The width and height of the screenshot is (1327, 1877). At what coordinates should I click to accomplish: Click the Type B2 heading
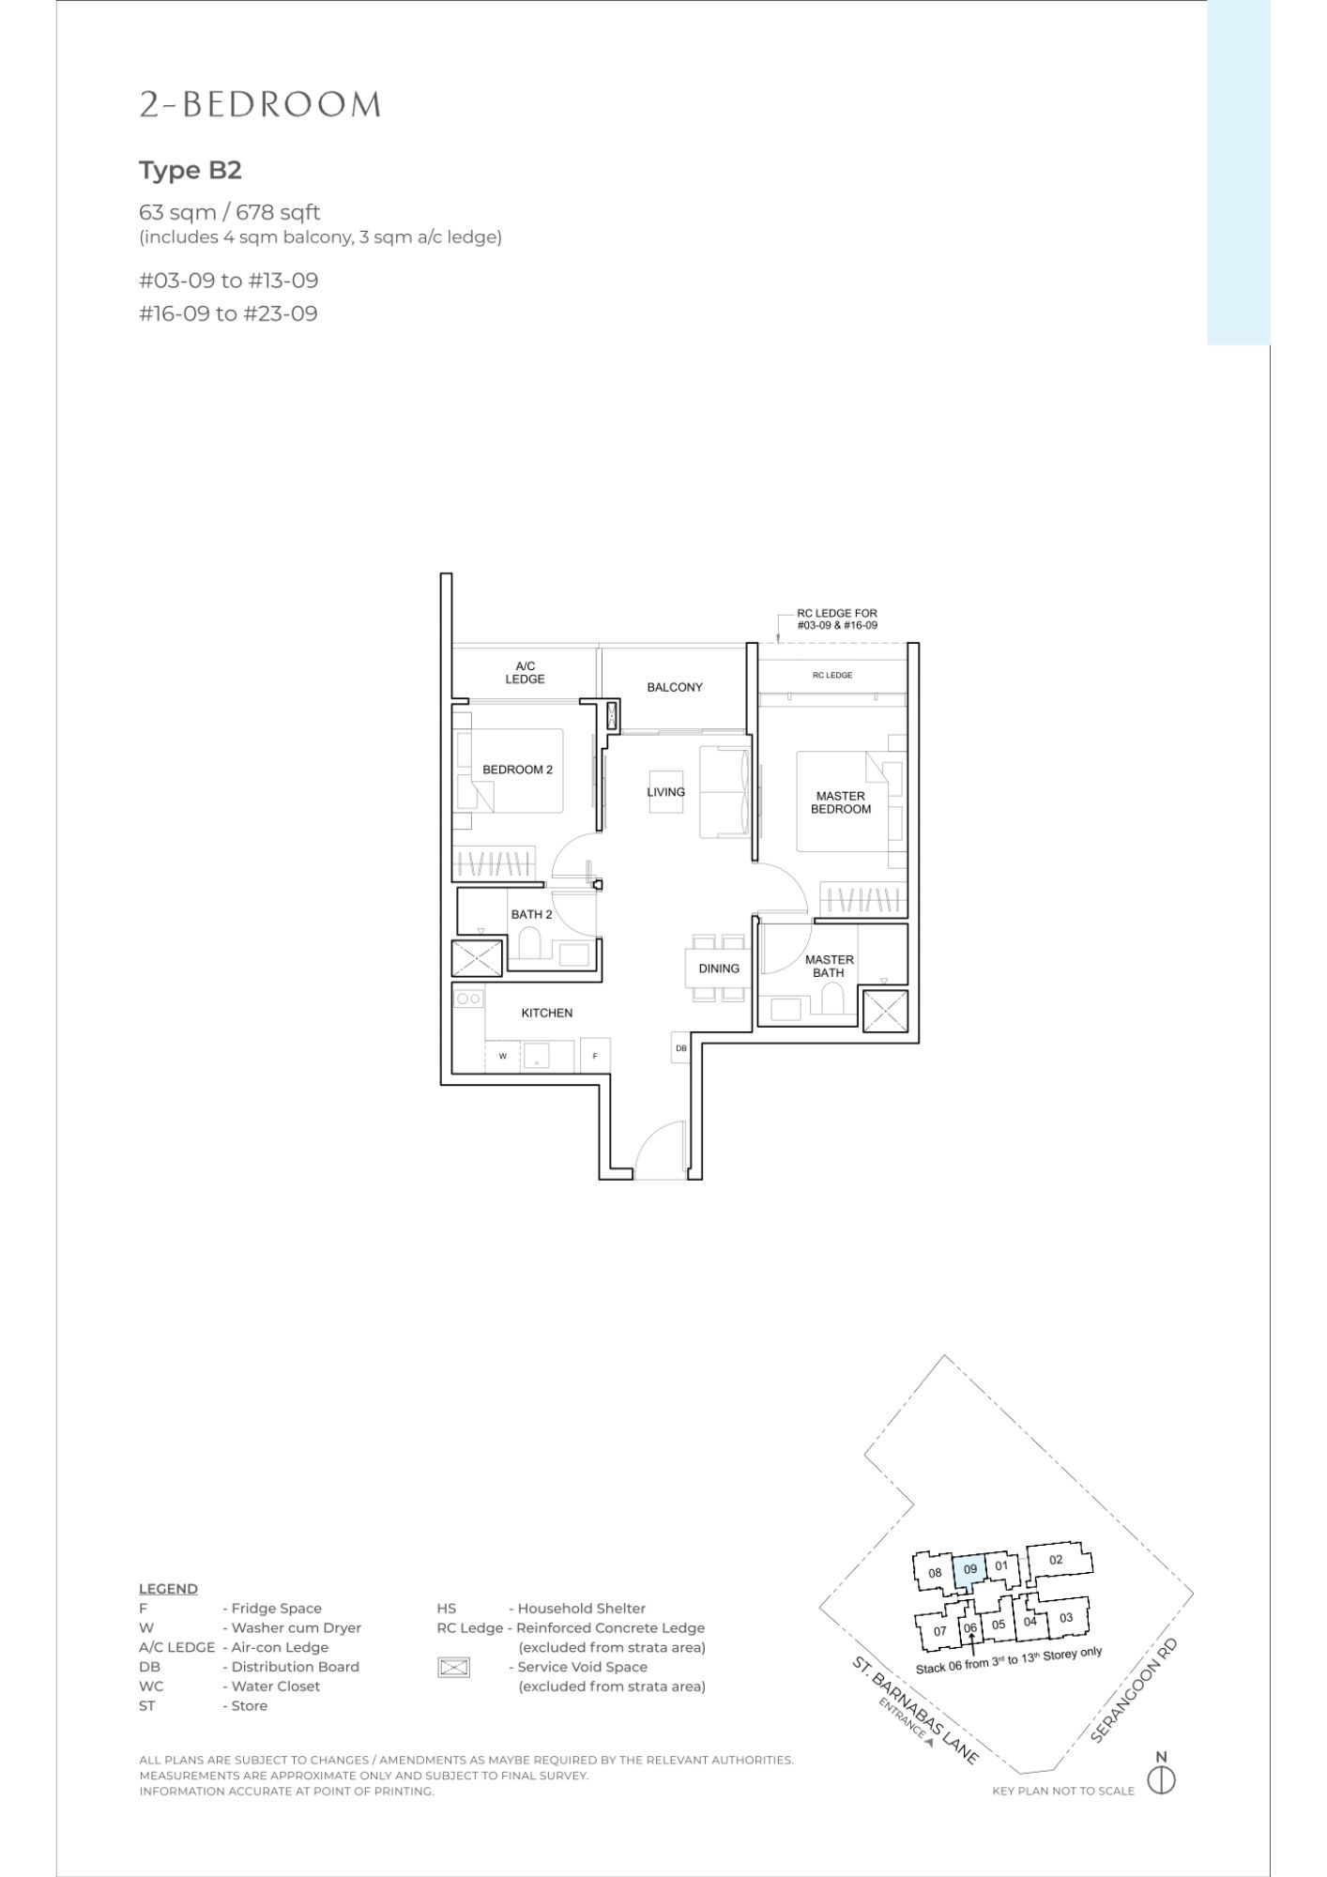(x=191, y=171)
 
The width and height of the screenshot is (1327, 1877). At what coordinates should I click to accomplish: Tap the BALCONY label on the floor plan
(x=675, y=687)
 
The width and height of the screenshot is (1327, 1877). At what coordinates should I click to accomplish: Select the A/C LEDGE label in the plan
(x=526, y=672)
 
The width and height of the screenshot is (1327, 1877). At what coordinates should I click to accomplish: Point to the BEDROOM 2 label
(x=517, y=770)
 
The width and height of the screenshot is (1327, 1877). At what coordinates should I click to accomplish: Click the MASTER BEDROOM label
(x=841, y=802)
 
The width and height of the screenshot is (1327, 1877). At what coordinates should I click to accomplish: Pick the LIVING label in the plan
(x=666, y=792)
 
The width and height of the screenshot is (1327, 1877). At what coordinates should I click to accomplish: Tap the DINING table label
(x=719, y=969)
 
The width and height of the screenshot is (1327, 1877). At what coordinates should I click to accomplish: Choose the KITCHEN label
(x=547, y=1013)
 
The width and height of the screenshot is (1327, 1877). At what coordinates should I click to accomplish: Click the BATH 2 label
(x=532, y=914)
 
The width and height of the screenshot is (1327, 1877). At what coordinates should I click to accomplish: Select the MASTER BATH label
(x=830, y=966)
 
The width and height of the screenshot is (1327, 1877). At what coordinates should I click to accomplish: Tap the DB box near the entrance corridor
(x=681, y=1047)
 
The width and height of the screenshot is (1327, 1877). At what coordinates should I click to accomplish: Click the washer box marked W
(x=504, y=1056)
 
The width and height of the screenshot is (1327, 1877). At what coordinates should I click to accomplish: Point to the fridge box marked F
(x=595, y=1055)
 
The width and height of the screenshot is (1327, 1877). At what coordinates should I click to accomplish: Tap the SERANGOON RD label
(x=1134, y=1690)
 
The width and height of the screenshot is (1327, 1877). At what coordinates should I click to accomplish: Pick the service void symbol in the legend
(x=453, y=1668)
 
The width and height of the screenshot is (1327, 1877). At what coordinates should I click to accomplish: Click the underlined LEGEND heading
(x=169, y=1589)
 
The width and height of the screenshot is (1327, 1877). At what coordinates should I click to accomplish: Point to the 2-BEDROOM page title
(x=261, y=105)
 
